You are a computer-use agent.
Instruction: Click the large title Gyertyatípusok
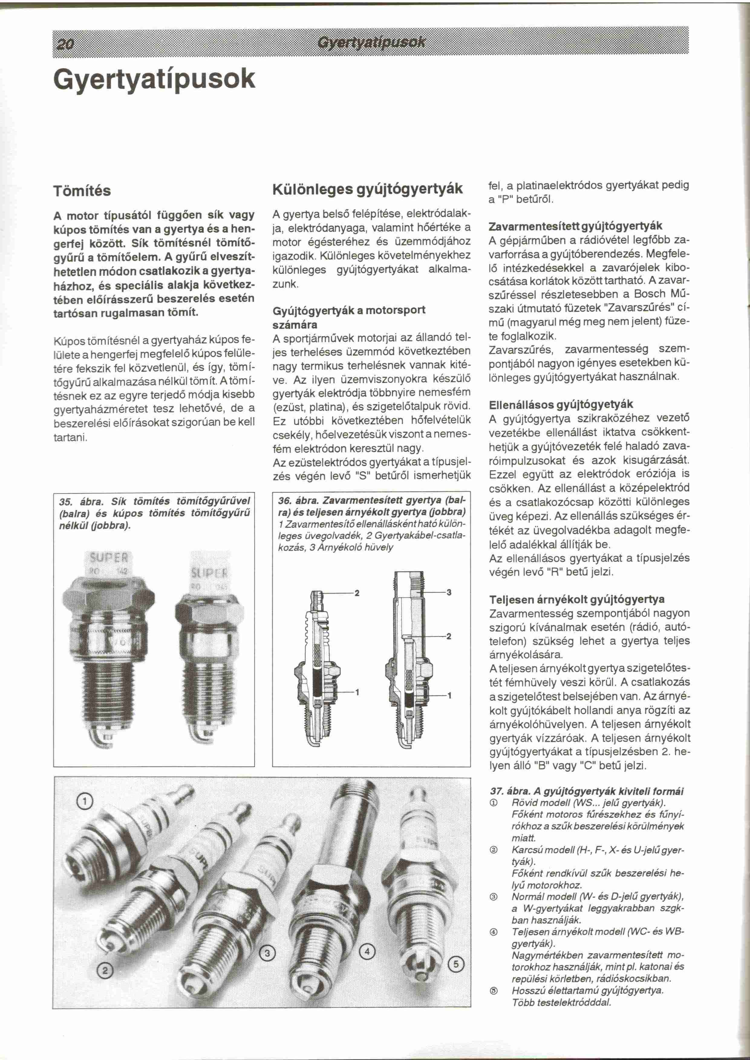(154, 79)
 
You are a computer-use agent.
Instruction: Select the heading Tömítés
(82, 191)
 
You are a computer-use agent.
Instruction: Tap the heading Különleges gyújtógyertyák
(368, 189)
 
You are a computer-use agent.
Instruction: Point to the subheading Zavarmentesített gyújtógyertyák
(576, 226)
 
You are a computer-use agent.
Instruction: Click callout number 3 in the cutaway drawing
(449, 592)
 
